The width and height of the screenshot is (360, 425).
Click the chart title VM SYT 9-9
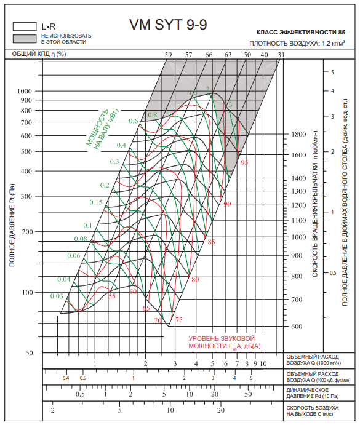(168, 25)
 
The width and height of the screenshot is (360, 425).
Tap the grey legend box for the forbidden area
(25, 39)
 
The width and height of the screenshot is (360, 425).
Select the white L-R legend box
(25, 26)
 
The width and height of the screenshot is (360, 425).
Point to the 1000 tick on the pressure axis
(25, 91)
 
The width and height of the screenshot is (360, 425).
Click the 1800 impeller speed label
(298, 134)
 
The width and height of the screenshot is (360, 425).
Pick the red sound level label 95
(244, 162)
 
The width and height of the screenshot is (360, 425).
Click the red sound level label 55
(112, 296)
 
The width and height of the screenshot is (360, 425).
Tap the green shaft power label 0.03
(57, 296)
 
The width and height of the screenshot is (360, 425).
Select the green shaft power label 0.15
(96, 202)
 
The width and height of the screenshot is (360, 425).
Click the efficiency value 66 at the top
(209, 55)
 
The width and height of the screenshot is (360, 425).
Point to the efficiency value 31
(281, 55)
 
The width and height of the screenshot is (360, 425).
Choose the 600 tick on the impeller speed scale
(297, 327)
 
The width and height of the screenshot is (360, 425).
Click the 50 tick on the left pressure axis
(29, 353)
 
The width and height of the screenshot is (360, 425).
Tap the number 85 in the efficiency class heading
(342, 32)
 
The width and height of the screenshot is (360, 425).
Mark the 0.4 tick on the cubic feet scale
(66, 378)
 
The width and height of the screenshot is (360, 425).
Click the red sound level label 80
(195, 279)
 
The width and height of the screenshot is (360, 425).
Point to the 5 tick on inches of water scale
(332, 72)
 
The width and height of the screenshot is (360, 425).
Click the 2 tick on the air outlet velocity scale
(53, 410)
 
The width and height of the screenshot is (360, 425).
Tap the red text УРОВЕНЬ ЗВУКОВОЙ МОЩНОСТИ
(225, 343)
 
